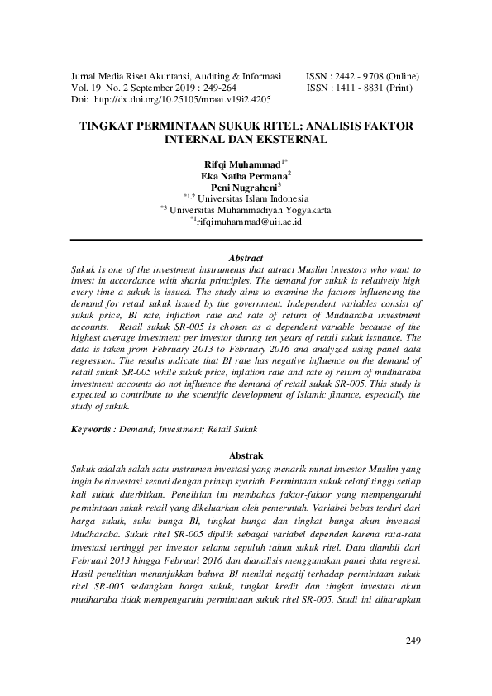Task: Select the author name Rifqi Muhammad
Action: [244, 164]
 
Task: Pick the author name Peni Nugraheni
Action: [244, 188]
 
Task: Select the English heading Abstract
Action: [246, 258]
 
